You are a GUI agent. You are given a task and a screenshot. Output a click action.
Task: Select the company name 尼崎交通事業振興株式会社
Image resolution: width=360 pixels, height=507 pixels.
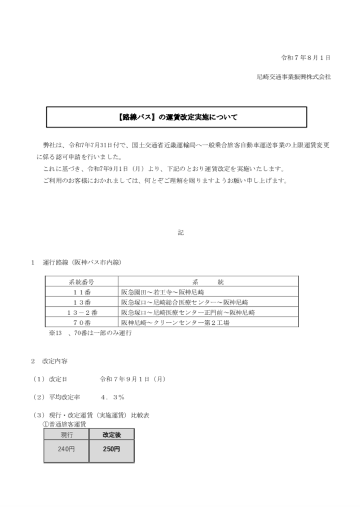(293, 76)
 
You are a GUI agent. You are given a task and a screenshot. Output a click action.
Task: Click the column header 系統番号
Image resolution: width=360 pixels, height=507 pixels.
(81, 280)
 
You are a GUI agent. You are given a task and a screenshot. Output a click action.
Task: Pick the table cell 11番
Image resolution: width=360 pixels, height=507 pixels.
(81, 291)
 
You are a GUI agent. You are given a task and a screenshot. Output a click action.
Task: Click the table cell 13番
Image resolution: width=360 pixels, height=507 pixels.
(81, 302)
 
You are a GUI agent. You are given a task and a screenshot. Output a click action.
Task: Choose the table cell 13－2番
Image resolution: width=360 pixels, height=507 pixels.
(81, 312)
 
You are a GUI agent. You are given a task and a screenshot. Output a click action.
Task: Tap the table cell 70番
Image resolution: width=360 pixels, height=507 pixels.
(81, 323)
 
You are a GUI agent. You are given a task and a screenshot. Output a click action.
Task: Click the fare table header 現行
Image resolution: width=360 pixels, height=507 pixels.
(67, 435)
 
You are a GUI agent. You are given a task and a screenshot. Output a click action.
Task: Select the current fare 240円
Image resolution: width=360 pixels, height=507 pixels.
(67, 449)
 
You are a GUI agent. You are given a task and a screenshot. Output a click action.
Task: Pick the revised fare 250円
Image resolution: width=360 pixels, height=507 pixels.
(112, 449)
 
